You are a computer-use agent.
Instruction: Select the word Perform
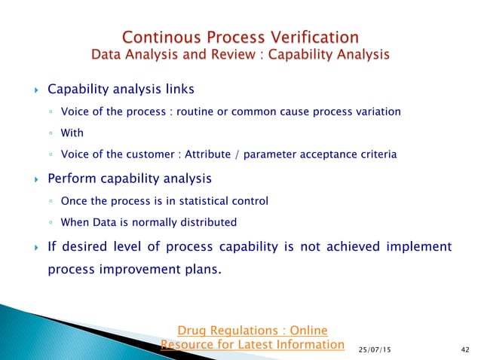pyautogui.click(x=71, y=179)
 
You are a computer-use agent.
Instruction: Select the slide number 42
pyautogui.click(x=463, y=349)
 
